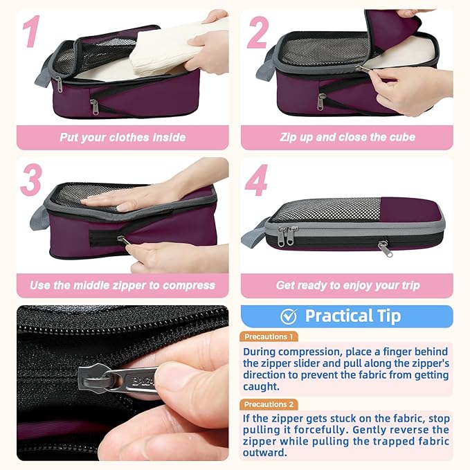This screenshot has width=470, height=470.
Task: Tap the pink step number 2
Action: (257, 33)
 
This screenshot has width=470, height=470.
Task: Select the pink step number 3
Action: (32, 180)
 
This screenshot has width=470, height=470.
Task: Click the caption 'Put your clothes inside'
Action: (123, 137)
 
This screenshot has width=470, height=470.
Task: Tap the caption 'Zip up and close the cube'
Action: (347, 137)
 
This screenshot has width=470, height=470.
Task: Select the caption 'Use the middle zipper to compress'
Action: (123, 285)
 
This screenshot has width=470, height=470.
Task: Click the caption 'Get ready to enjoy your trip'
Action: (347, 285)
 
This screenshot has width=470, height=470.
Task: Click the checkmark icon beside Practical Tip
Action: (288, 316)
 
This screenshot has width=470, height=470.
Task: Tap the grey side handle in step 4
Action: (254, 233)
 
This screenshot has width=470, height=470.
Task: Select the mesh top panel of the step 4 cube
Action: (325, 210)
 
